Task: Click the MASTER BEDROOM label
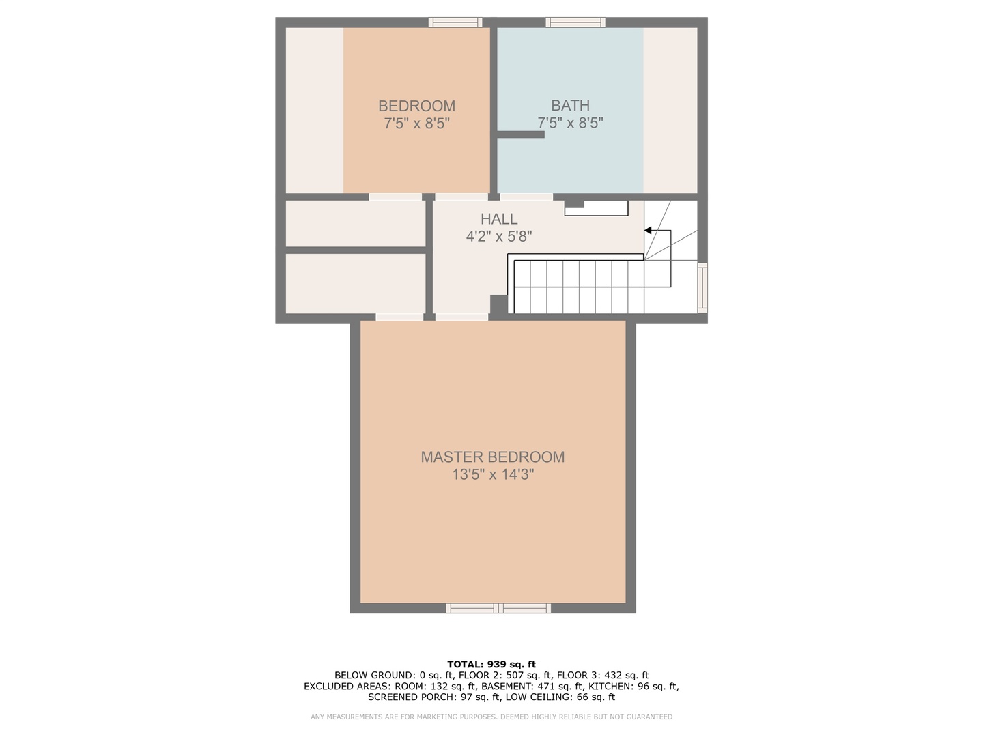pyautogui.click(x=492, y=457)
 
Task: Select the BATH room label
pyautogui.click(x=570, y=106)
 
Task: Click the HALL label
pyautogui.click(x=499, y=219)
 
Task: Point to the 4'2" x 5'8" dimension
pyautogui.click(x=499, y=237)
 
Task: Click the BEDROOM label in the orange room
pyautogui.click(x=416, y=106)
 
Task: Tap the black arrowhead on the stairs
pyautogui.click(x=649, y=231)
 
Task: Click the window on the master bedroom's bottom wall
pyautogui.click(x=498, y=608)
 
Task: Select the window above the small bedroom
pyautogui.click(x=455, y=23)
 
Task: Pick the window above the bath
pyautogui.click(x=575, y=23)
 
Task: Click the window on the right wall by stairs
pyautogui.click(x=702, y=288)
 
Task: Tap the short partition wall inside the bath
pyautogui.click(x=520, y=134)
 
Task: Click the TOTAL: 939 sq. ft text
pyautogui.click(x=491, y=664)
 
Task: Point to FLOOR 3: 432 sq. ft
pyautogui.click(x=602, y=676)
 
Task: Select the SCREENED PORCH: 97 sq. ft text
pyautogui.click(x=434, y=697)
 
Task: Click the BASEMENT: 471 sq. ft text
pyautogui.click(x=530, y=687)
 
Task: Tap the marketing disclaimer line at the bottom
pyautogui.click(x=491, y=717)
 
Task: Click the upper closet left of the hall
pyautogui.click(x=355, y=223)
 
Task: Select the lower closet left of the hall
pyautogui.click(x=355, y=283)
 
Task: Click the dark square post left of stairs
pyautogui.click(x=499, y=304)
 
